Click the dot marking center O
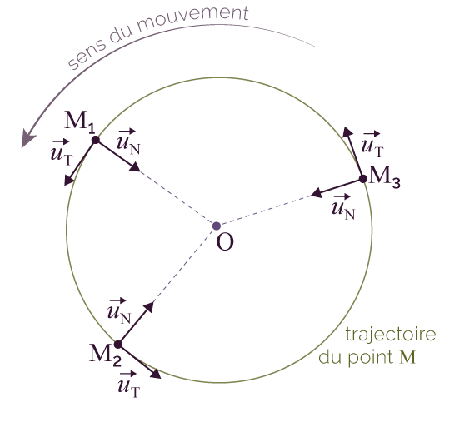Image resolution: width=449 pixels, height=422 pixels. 217,226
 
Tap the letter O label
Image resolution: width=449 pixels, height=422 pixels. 225,242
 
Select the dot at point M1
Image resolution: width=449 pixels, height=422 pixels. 96,140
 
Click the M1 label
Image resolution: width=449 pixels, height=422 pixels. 80,122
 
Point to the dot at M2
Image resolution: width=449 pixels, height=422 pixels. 118,345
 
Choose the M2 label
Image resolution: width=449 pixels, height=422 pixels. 105,355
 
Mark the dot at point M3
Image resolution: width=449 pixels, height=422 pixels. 363,179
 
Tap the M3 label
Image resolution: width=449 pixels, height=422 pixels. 385,176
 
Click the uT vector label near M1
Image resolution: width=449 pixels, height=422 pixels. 62,152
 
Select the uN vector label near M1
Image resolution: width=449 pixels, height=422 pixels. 128,142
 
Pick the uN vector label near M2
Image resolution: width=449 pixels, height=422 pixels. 119,311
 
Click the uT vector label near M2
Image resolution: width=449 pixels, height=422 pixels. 128,384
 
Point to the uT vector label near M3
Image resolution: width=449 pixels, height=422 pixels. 372,145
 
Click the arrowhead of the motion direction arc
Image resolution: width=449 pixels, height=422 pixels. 27,138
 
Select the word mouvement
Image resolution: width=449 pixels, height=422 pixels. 192,18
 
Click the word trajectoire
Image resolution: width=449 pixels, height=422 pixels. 391,334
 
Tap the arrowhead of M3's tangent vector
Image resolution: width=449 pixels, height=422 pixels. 347,132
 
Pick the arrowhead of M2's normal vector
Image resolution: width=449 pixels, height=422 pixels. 149,306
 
